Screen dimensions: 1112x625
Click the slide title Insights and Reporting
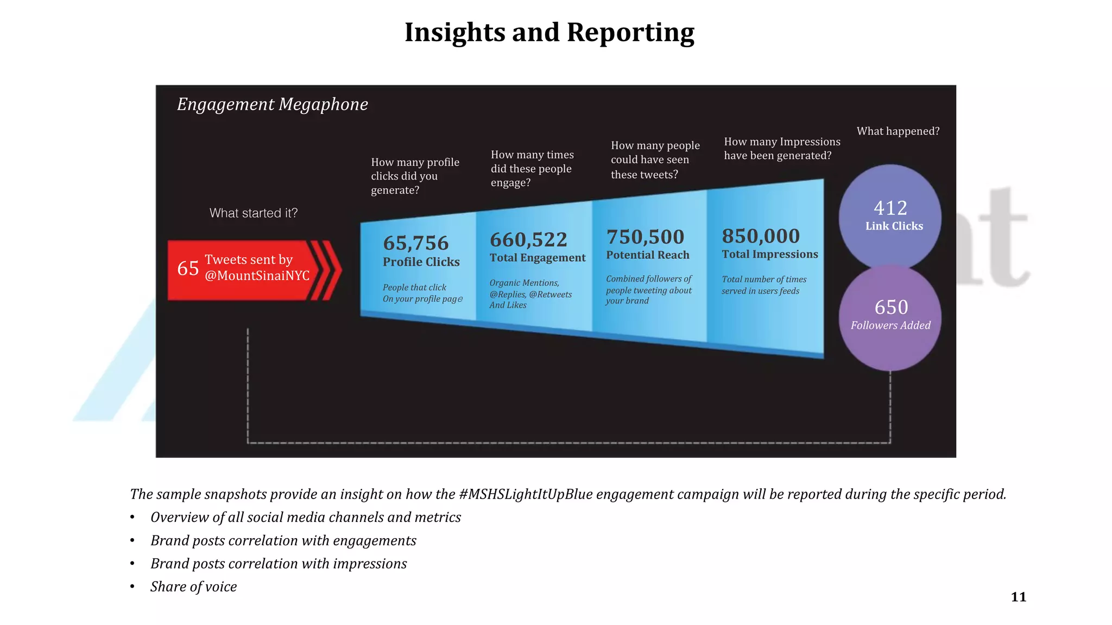coord(549,33)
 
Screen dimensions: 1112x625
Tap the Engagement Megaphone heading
coord(273,104)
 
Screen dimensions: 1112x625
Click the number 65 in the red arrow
coord(188,268)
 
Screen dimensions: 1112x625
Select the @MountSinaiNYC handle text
coord(257,276)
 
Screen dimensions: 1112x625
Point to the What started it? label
coord(254,213)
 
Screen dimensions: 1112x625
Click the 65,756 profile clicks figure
coord(416,243)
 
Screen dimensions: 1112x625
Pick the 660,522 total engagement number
coord(528,239)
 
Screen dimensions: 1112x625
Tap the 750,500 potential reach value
coord(646,237)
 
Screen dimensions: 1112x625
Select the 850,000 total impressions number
coord(761,236)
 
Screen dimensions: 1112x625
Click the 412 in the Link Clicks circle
coord(890,208)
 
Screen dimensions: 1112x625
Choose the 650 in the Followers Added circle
coord(891,307)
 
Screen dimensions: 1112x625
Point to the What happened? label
coord(898,131)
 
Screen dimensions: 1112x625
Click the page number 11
coord(1019,597)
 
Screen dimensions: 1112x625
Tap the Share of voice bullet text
coord(194,586)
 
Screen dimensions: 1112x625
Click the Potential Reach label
coord(648,255)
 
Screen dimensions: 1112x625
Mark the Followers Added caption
coord(890,326)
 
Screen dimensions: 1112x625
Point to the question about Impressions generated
coord(782,149)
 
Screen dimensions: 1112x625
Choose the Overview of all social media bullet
coord(306,517)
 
